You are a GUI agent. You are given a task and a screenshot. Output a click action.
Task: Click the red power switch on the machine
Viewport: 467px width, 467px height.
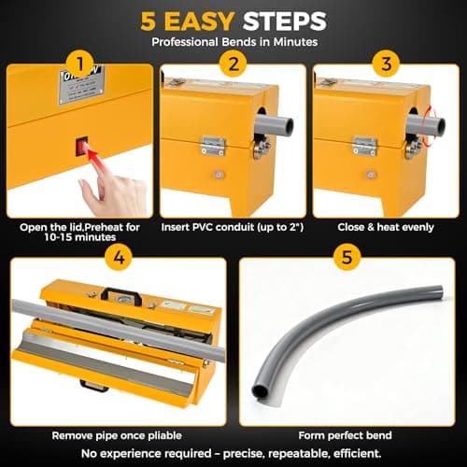tap(82, 146)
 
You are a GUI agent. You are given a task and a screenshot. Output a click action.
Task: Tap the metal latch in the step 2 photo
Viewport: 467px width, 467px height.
tap(214, 145)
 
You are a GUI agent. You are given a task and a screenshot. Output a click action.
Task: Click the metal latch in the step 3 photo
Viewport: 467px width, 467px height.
tap(363, 145)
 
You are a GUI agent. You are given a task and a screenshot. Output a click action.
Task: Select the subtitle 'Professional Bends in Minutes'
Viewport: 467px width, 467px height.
tap(233, 42)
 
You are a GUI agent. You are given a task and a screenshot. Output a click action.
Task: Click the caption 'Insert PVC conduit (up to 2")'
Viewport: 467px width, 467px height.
tap(233, 227)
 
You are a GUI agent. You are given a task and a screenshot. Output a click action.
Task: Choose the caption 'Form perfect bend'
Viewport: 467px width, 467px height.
tap(347, 434)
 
